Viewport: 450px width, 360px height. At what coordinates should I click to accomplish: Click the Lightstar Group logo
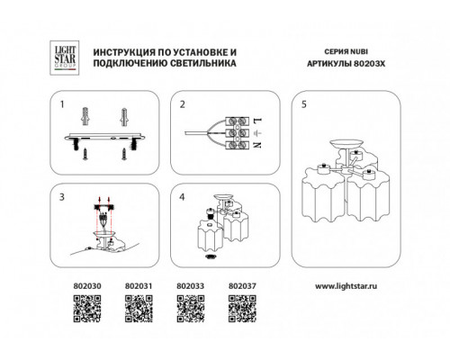pos(65,58)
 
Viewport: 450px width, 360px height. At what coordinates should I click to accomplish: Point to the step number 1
pos(62,104)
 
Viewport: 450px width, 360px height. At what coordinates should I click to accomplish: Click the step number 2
pos(183,104)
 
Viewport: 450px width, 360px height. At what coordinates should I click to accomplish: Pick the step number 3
pos(62,197)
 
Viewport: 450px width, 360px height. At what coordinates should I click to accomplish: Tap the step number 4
pos(182,197)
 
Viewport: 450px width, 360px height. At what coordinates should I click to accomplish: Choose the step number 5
pos(304,104)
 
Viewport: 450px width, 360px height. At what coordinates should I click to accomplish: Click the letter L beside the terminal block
pos(257,121)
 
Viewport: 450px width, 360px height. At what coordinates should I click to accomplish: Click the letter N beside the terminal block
pos(257,145)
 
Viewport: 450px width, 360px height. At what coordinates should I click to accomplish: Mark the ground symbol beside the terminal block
pos(258,132)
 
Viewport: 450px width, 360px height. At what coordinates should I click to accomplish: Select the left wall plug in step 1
pos(85,117)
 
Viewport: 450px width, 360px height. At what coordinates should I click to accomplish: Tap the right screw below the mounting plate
pos(124,154)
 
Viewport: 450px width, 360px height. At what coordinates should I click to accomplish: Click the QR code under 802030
pos(87,309)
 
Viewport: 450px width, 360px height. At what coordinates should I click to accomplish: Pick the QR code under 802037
pos(242,309)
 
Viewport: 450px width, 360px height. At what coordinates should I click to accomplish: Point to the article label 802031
pos(139,286)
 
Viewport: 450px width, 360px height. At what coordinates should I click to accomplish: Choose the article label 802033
pos(191,286)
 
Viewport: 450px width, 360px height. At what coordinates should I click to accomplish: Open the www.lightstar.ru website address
pos(346,286)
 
